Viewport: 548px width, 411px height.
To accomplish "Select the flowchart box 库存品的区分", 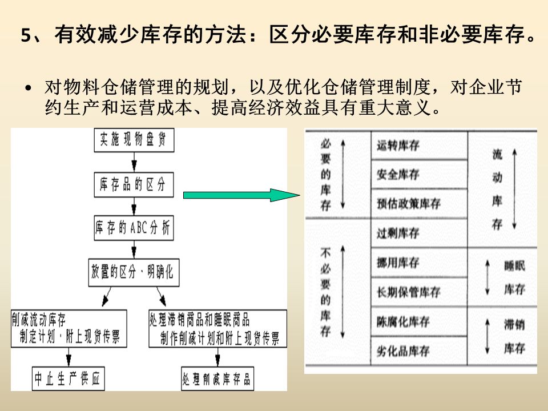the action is (133, 186).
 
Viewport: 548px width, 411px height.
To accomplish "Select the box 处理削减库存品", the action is (217, 379).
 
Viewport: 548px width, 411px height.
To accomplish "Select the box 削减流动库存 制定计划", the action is (68, 328).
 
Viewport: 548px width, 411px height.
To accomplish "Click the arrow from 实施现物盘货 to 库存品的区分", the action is (133, 162).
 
